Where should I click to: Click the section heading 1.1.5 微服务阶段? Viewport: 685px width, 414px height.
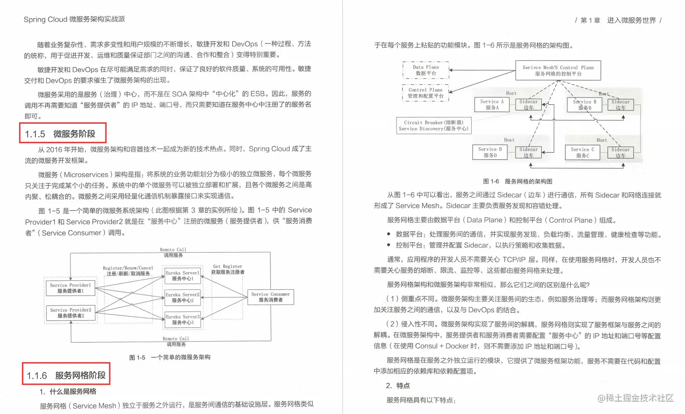62,134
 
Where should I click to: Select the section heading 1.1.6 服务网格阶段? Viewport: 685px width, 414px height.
66,375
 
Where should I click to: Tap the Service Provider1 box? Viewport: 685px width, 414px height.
70,288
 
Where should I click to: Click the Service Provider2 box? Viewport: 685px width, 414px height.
70,313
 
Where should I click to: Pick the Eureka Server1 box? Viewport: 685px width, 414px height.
182,276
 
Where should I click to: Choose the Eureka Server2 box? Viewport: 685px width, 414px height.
182,297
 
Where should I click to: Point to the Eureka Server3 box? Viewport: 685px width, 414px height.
182,319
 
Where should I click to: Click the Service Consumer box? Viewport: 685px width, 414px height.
270,297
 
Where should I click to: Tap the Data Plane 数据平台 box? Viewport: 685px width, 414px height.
426,70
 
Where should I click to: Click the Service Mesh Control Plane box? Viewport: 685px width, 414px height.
558,70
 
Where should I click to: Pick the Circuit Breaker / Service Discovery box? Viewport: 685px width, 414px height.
434,126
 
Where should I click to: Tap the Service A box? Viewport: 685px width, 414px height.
492,105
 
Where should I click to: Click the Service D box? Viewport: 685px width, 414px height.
490,152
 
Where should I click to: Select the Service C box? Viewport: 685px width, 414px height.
583,152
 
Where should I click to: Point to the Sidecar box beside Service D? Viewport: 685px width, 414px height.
528,152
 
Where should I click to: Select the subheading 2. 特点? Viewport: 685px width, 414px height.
398,385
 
